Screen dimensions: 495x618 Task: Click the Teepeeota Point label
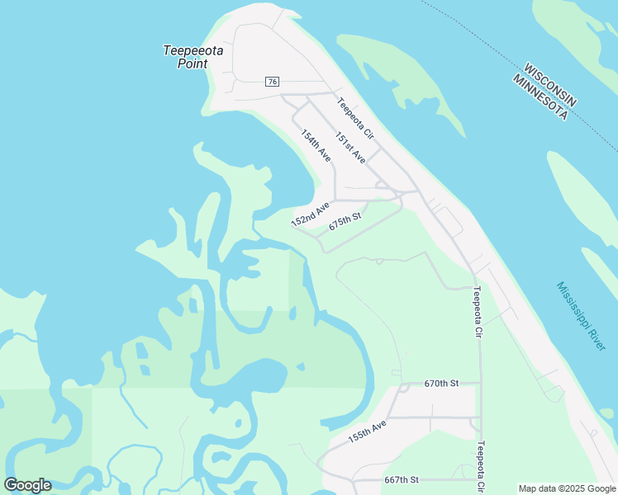click(x=193, y=56)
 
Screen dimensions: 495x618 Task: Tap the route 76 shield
click(x=273, y=81)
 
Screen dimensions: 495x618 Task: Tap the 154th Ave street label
click(x=316, y=145)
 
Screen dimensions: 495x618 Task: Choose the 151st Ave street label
click(x=350, y=147)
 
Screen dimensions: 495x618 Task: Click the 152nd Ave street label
click(x=310, y=214)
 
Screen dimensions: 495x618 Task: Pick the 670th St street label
click(x=440, y=384)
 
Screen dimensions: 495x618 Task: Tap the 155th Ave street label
click(x=367, y=432)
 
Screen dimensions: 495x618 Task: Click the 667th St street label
click(x=402, y=479)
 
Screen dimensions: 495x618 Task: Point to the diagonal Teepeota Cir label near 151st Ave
click(x=355, y=118)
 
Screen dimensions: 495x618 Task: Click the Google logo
click(x=27, y=485)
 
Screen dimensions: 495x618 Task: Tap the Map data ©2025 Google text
click(x=566, y=488)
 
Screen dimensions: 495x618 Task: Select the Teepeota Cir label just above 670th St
click(x=477, y=312)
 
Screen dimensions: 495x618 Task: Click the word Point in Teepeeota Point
click(x=193, y=63)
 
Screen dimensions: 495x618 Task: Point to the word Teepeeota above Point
click(x=193, y=49)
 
